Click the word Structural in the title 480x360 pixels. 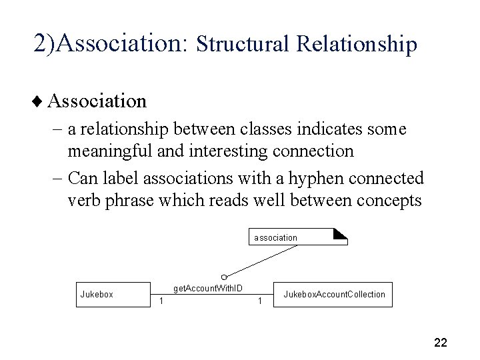pyautogui.click(x=244, y=44)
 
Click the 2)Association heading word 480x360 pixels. pyautogui.click(x=112, y=43)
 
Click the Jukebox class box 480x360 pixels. pyautogui.click(x=111, y=294)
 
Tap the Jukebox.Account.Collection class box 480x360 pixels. pyautogui.click(x=334, y=294)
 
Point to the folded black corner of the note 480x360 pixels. pyautogui.click(x=341, y=233)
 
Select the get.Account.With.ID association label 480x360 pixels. pyautogui.click(x=207, y=288)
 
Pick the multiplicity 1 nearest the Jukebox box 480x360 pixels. pyautogui.click(x=160, y=302)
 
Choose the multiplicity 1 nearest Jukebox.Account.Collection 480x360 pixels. pyautogui.click(x=259, y=302)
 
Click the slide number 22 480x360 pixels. pyautogui.click(x=440, y=343)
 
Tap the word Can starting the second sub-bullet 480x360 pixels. pyautogui.click(x=83, y=179)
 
